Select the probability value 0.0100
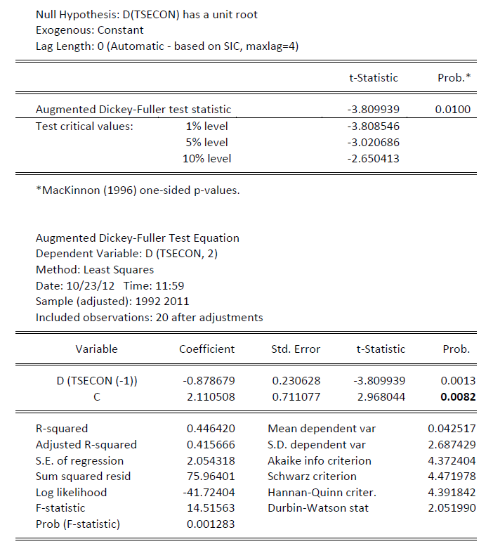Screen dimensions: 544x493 click(453, 110)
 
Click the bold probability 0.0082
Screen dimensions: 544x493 click(458, 397)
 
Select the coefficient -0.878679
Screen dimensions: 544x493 click(209, 381)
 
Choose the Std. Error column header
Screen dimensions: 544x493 click(296, 349)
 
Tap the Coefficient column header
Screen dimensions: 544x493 click(207, 349)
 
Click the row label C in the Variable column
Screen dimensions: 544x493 click(97, 397)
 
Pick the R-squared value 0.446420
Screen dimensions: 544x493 click(211, 428)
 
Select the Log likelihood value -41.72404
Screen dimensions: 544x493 click(209, 492)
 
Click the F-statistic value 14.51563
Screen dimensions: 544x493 click(211, 508)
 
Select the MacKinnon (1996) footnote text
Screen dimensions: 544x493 click(137, 190)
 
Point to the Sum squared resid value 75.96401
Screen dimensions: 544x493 click(211, 477)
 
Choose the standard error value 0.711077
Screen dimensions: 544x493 click(296, 397)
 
